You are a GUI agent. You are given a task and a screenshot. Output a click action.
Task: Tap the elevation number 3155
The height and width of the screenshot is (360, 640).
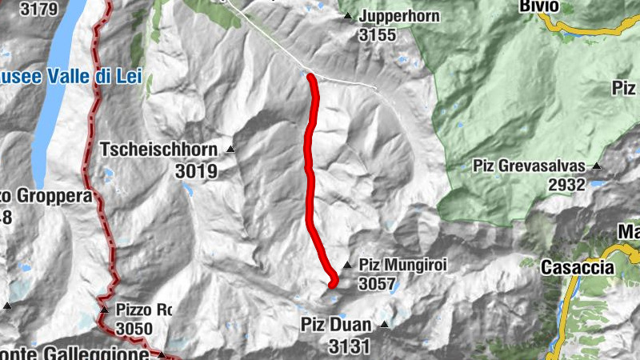coord(378,35)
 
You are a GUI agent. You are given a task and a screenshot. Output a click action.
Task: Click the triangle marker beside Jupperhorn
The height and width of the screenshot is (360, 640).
coord(348,16)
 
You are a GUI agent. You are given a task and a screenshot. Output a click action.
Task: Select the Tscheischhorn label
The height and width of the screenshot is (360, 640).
coord(160,149)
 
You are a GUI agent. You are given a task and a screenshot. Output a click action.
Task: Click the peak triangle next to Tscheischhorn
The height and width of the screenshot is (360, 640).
coord(230,149)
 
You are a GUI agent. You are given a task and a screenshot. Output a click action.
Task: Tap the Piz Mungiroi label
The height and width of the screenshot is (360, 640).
coord(402,265)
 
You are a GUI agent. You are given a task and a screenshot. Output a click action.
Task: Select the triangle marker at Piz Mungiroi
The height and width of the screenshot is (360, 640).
coord(347,265)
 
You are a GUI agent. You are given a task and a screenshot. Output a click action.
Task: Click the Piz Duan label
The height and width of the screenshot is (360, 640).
coord(336,325)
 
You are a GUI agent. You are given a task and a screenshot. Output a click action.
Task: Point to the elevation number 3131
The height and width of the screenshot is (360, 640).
coord(349,346)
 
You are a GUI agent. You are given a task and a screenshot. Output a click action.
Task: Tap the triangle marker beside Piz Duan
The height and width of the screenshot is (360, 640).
coord(384,325)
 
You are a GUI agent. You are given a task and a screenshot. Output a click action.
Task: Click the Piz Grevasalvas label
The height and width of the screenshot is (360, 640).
coord(529,166)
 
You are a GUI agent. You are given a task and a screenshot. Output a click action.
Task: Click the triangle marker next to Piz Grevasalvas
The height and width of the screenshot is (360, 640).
coord(596,166)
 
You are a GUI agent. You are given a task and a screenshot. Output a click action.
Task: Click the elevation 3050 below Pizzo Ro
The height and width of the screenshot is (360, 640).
coord(134,329)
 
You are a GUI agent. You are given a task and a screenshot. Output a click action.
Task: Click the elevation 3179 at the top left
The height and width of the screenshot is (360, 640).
coord(37,10)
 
